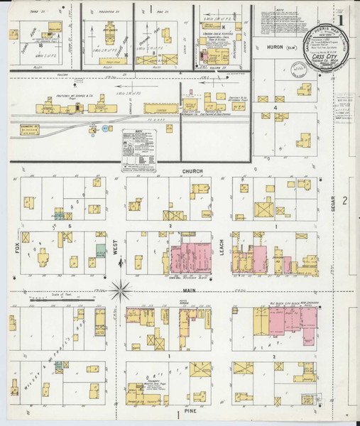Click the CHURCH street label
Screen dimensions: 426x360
(192, 172)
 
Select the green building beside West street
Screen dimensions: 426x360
(102, 250)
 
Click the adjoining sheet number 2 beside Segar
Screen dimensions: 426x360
(344, 200)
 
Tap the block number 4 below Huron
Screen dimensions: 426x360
(275, 107)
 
